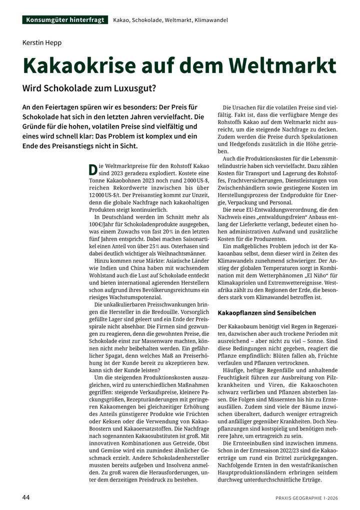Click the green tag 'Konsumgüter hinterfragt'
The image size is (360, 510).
point(64,20)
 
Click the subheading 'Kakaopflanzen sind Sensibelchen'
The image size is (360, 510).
point(267,313)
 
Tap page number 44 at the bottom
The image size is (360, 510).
point(26,497)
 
